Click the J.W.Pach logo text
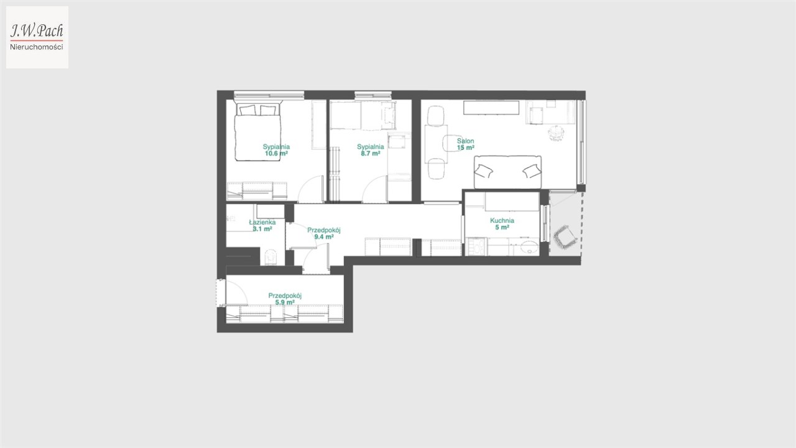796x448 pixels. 37,30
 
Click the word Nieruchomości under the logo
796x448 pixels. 37,47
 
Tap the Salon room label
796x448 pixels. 466,141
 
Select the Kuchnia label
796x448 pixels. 502,220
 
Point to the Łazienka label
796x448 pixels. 262,222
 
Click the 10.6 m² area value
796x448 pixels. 276,154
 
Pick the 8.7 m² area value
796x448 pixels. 370,154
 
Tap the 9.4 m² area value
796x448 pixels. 324,237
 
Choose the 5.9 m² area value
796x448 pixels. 285,302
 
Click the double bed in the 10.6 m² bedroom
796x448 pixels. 258,131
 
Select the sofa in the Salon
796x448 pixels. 508,172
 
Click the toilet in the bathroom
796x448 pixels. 271,257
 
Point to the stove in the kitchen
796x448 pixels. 476,246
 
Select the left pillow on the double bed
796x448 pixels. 248,110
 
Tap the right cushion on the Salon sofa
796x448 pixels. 532,171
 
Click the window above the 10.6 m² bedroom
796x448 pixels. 269,95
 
